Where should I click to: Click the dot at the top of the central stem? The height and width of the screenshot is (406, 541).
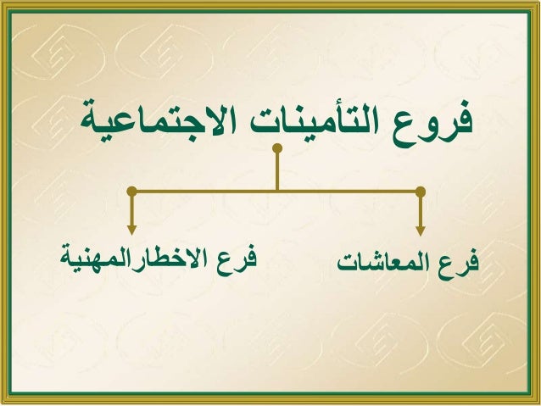click(276, 149)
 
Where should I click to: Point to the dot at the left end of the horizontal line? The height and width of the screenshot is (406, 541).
click(131, 191)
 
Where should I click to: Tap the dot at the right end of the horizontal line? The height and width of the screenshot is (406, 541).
click(421, 191)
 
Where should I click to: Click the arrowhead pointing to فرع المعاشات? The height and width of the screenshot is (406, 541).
click(421, 228)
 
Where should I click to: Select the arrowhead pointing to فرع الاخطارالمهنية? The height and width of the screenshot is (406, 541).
click(131, 228)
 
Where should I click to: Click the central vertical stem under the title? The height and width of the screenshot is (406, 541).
click(276, 170)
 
